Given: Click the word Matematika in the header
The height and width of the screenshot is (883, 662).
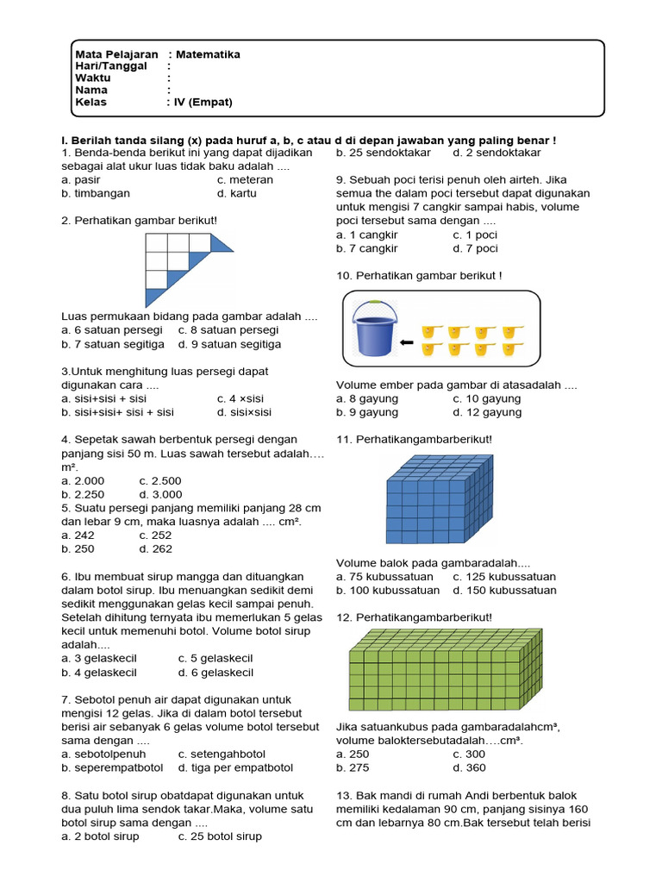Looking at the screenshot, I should (x=208, y=54).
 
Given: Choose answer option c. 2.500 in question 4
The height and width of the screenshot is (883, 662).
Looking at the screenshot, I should (x=159, y=480).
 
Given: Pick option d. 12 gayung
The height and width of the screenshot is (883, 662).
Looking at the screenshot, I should (x=487, y=412).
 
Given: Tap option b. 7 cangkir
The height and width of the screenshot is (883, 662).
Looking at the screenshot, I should (x=367, y=248).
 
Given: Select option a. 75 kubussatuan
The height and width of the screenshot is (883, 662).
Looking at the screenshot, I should (x=386, y=576).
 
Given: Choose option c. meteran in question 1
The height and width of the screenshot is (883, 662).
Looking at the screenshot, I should (x=245, y=179).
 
